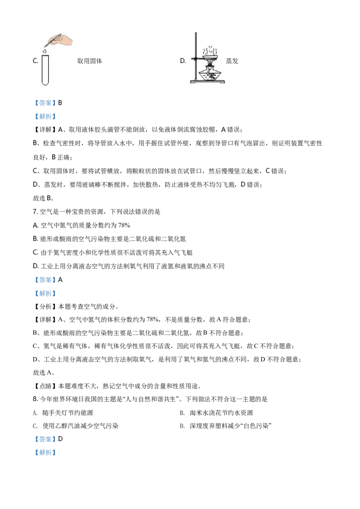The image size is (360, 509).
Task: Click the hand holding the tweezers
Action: tap(65, 40)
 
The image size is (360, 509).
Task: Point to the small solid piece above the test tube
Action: tap(45, 52)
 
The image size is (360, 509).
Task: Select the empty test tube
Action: tap(45, 70)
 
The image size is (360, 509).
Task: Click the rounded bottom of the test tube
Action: tap(45, 83)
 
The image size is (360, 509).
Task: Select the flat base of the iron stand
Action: tap(207, 82)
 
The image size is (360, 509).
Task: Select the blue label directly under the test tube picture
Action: tap(45, 103)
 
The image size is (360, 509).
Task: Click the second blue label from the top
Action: tap(45, 117)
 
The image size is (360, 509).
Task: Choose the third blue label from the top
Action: tap(45, 280)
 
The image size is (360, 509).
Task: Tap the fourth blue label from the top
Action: tap(45, 294)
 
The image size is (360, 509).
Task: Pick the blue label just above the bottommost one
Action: tap(45, 439)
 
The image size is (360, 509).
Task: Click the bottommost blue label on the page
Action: tap(45, 453)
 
